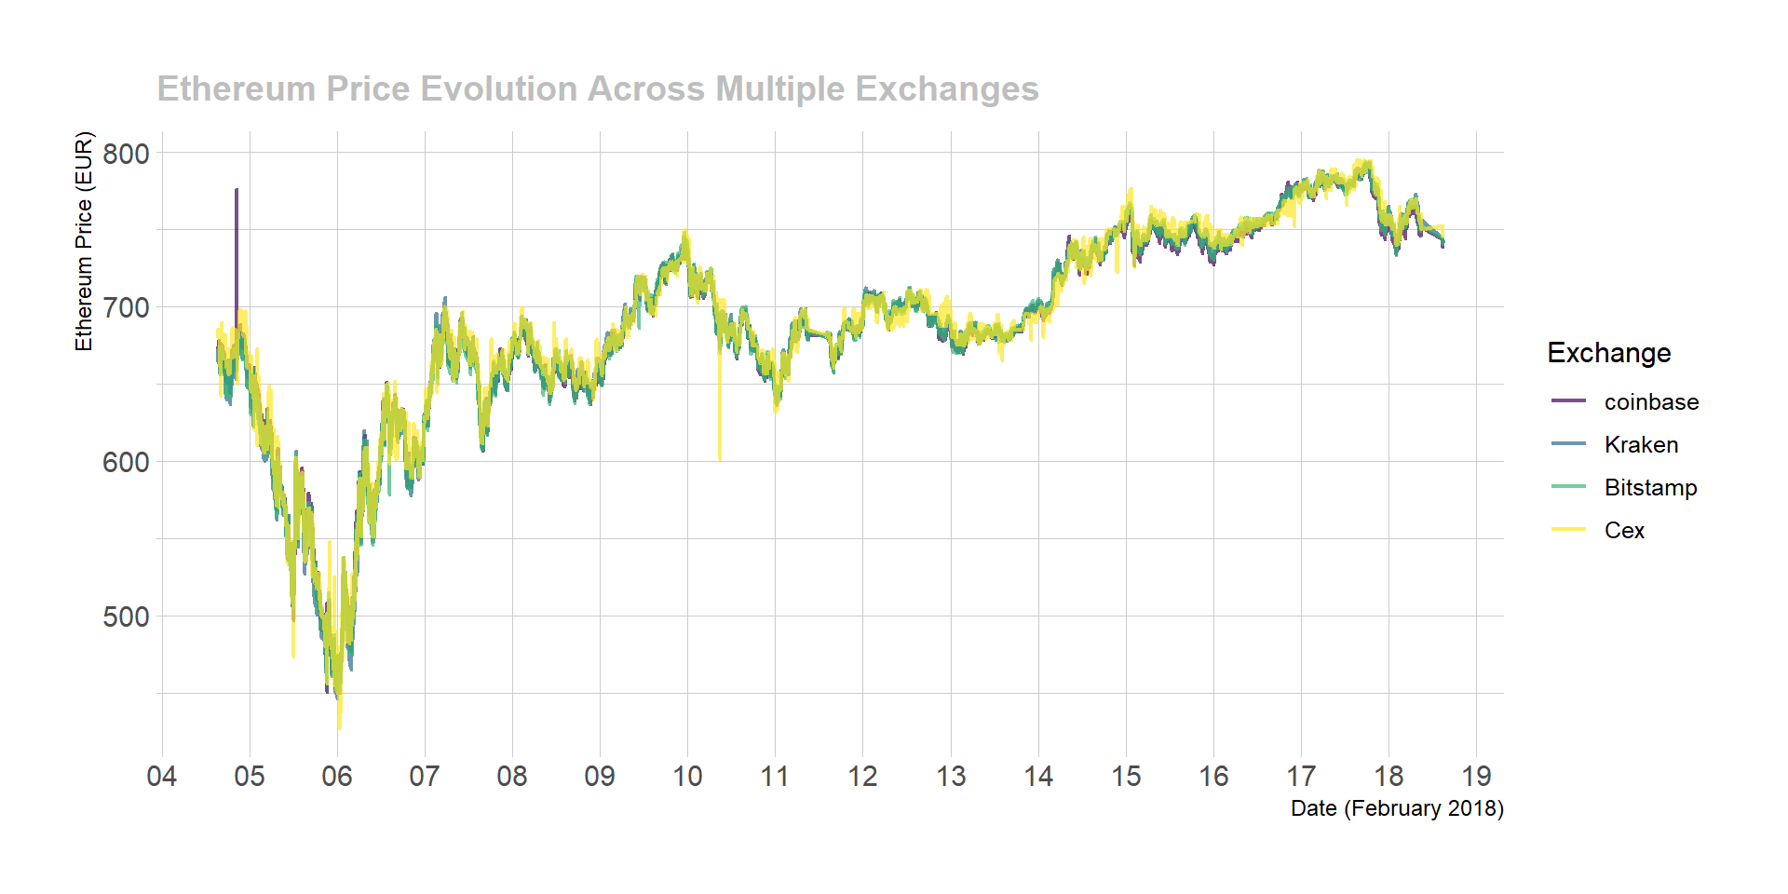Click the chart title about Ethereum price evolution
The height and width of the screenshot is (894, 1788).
pyautogui.click(x=597, y=89)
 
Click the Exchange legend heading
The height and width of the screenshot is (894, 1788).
pyautogui.click(x=1608, y=353)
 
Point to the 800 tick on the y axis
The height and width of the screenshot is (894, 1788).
pyautogui.click(x=126, y=154)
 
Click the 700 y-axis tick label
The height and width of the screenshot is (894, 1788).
pyautogui.click(x=126, y=308)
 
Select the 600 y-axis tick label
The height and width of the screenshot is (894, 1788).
pyautogui.click(x=126, y=463)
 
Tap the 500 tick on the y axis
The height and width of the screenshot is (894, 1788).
pyautogui.click(x=126, y=617)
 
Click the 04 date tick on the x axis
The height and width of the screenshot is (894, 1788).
pyautogui.click(x=162, y=777)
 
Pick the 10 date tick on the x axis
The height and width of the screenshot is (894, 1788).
pyautogui.click(x=687, y=777)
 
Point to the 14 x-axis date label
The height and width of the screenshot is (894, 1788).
pyautogui.click(x=1038, y=777)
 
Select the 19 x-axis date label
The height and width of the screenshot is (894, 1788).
pyautogui.click(x=1476, y=777)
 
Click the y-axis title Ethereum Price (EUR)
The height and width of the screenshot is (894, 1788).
pyautogui.click(x=85, y=241)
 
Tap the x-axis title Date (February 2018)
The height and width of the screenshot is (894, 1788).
pyautogui.click(x=1397, y=808)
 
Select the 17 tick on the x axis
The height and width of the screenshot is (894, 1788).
pyautogui.click(x=1301, y=777)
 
